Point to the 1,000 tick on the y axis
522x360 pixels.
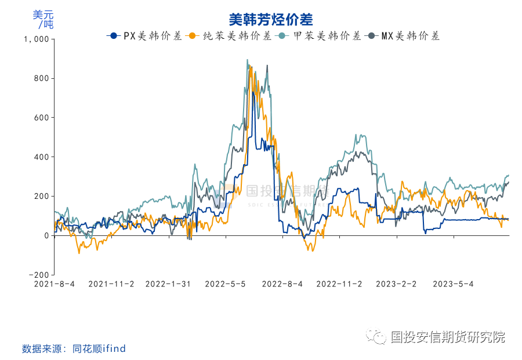pos(37,39)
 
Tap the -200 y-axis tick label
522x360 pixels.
pos(39,275)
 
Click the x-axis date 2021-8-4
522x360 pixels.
pos(54,284)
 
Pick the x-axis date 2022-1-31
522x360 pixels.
pos(168,284)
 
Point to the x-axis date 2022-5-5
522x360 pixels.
pos(226,284)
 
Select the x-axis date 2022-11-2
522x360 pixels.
pos(340,284)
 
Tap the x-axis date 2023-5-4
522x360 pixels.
pos(454,284)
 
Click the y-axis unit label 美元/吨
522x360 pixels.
pos(43,20)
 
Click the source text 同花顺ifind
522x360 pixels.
pos(99,348)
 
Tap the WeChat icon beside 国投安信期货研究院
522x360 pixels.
pos(379,337)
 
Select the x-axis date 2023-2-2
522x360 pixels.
pos(397,284)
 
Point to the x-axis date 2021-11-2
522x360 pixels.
pos(111,284)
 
